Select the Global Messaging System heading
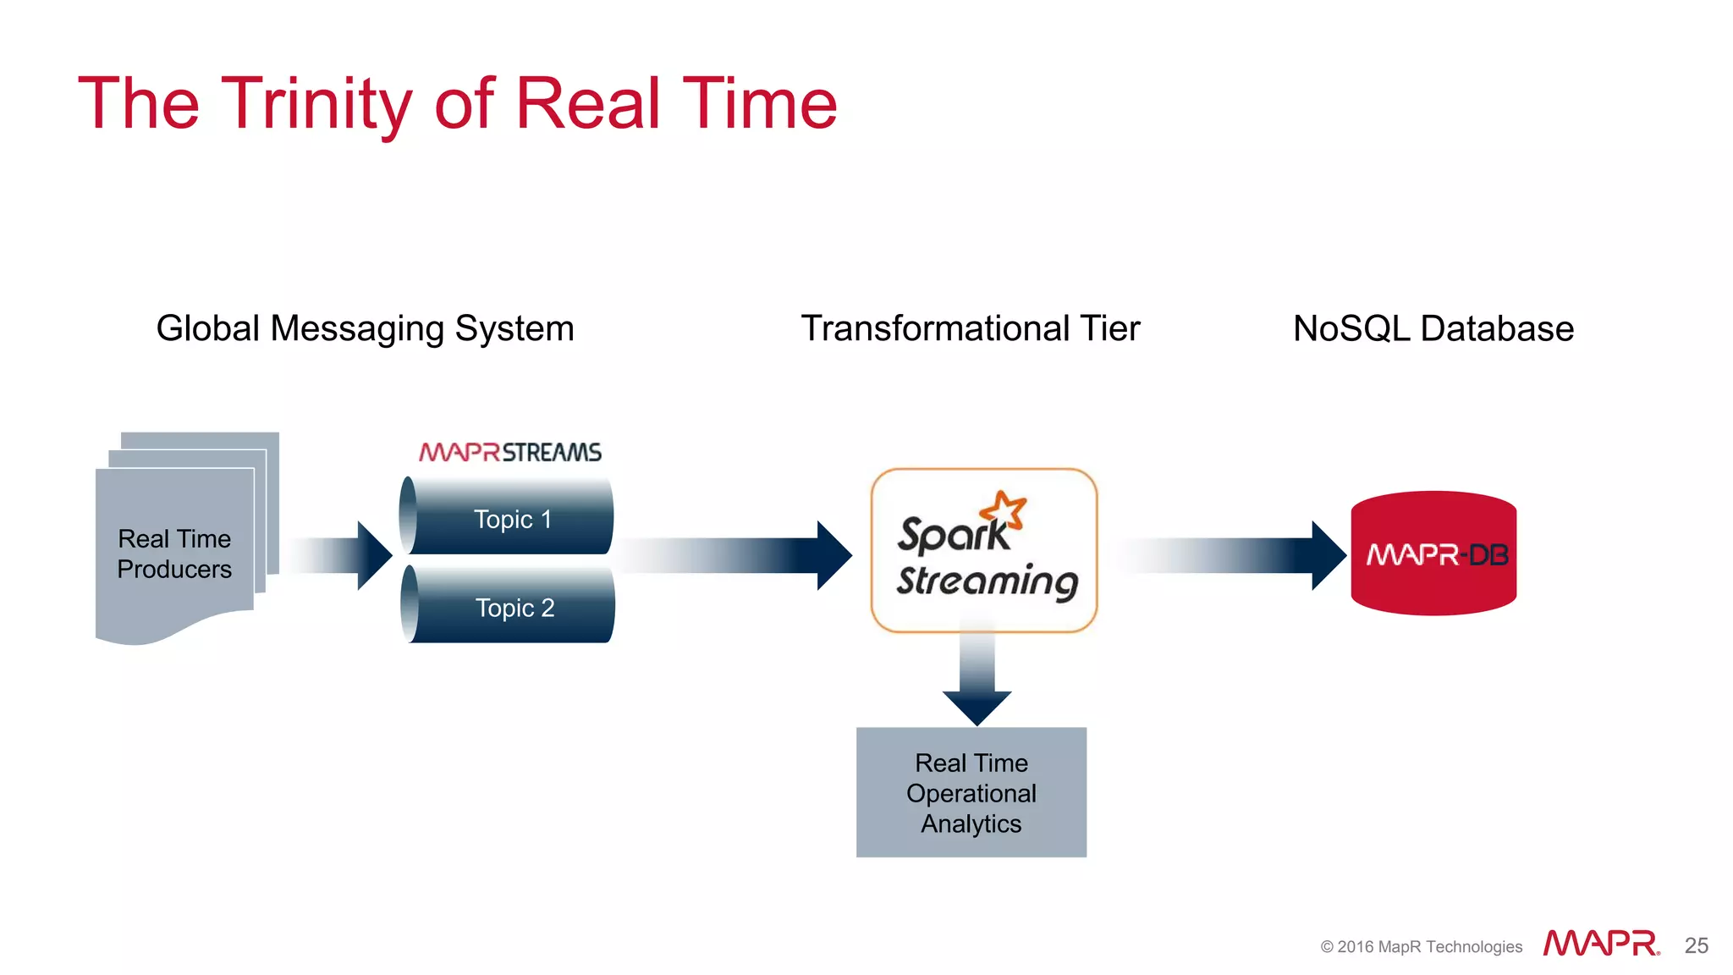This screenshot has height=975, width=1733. tap(365, 328)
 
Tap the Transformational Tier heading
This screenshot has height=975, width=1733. tap(970, 328)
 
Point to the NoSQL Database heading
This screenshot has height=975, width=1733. tap(1433, 328)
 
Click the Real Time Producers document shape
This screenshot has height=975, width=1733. tap(174, 554)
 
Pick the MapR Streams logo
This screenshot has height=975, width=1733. tap(510, 452)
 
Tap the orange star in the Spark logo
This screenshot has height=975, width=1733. tap(1004, 510)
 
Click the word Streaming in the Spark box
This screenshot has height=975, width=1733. tap(987, 582)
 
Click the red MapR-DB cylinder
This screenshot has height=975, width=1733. tap(1433, 554)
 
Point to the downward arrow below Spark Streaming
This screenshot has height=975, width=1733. tap(977, 677)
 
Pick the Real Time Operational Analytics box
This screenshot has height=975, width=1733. tap(971, 792)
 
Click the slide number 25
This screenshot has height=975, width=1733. tap(1696, 945)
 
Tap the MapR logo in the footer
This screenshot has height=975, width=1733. tap(1600, 944)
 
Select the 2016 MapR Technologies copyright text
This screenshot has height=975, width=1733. tap(1421, 946)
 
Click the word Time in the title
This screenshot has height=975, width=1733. tap(759, 104)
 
